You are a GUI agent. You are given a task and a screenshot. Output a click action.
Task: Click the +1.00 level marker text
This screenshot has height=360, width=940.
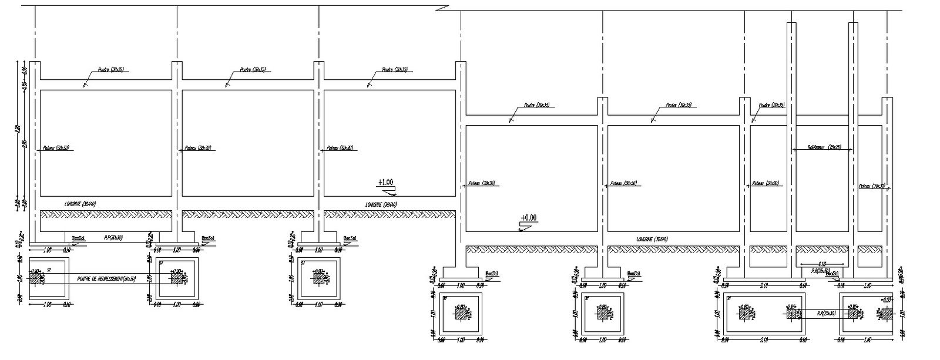coord(385,183)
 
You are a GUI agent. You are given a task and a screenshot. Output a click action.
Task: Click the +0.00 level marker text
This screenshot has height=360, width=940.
coord(528,218)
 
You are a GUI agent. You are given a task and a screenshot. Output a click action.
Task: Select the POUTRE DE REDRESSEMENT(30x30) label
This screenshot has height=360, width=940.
coord(106,278)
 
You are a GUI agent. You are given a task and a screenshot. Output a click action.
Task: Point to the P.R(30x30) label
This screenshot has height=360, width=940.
coord(113,238)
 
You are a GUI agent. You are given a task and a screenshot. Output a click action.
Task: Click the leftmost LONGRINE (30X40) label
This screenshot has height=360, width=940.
coord(80,204)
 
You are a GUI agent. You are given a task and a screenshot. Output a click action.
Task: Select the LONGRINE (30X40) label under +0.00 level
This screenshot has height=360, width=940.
coord(652,239)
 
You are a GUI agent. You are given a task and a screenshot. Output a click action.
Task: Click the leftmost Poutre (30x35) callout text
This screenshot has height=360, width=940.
coord(110,70)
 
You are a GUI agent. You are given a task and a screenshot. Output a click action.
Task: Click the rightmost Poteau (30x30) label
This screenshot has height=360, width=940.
coord(872,186)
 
